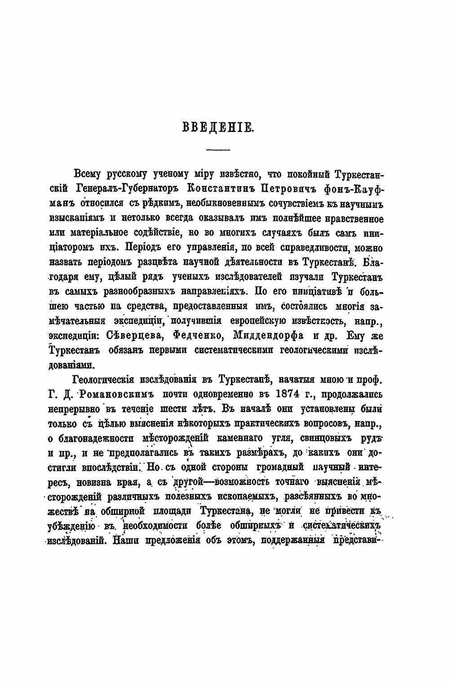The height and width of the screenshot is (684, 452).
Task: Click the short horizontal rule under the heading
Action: pos(218,149)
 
